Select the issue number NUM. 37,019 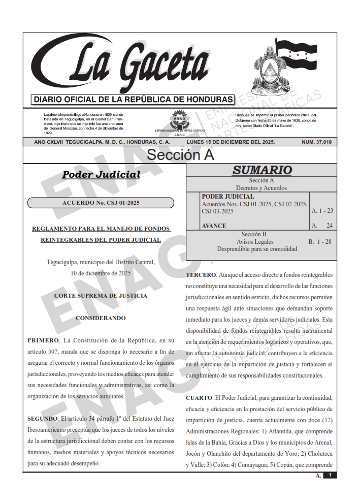click(316, 142)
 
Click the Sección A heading click(180, 155)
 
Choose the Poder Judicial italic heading click(101, 175)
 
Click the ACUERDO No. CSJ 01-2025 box click(101, 203)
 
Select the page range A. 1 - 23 click(322, 210)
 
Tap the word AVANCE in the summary click(214, 226)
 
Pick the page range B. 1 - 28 click(320, 242)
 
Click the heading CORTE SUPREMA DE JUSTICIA click(101, 295)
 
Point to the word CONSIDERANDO click(101, 319)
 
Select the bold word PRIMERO click(43, 339)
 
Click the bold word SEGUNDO click(43, 419)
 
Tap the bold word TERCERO click(201, 275)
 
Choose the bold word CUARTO click(200, 397)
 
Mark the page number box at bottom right click(330, 475)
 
